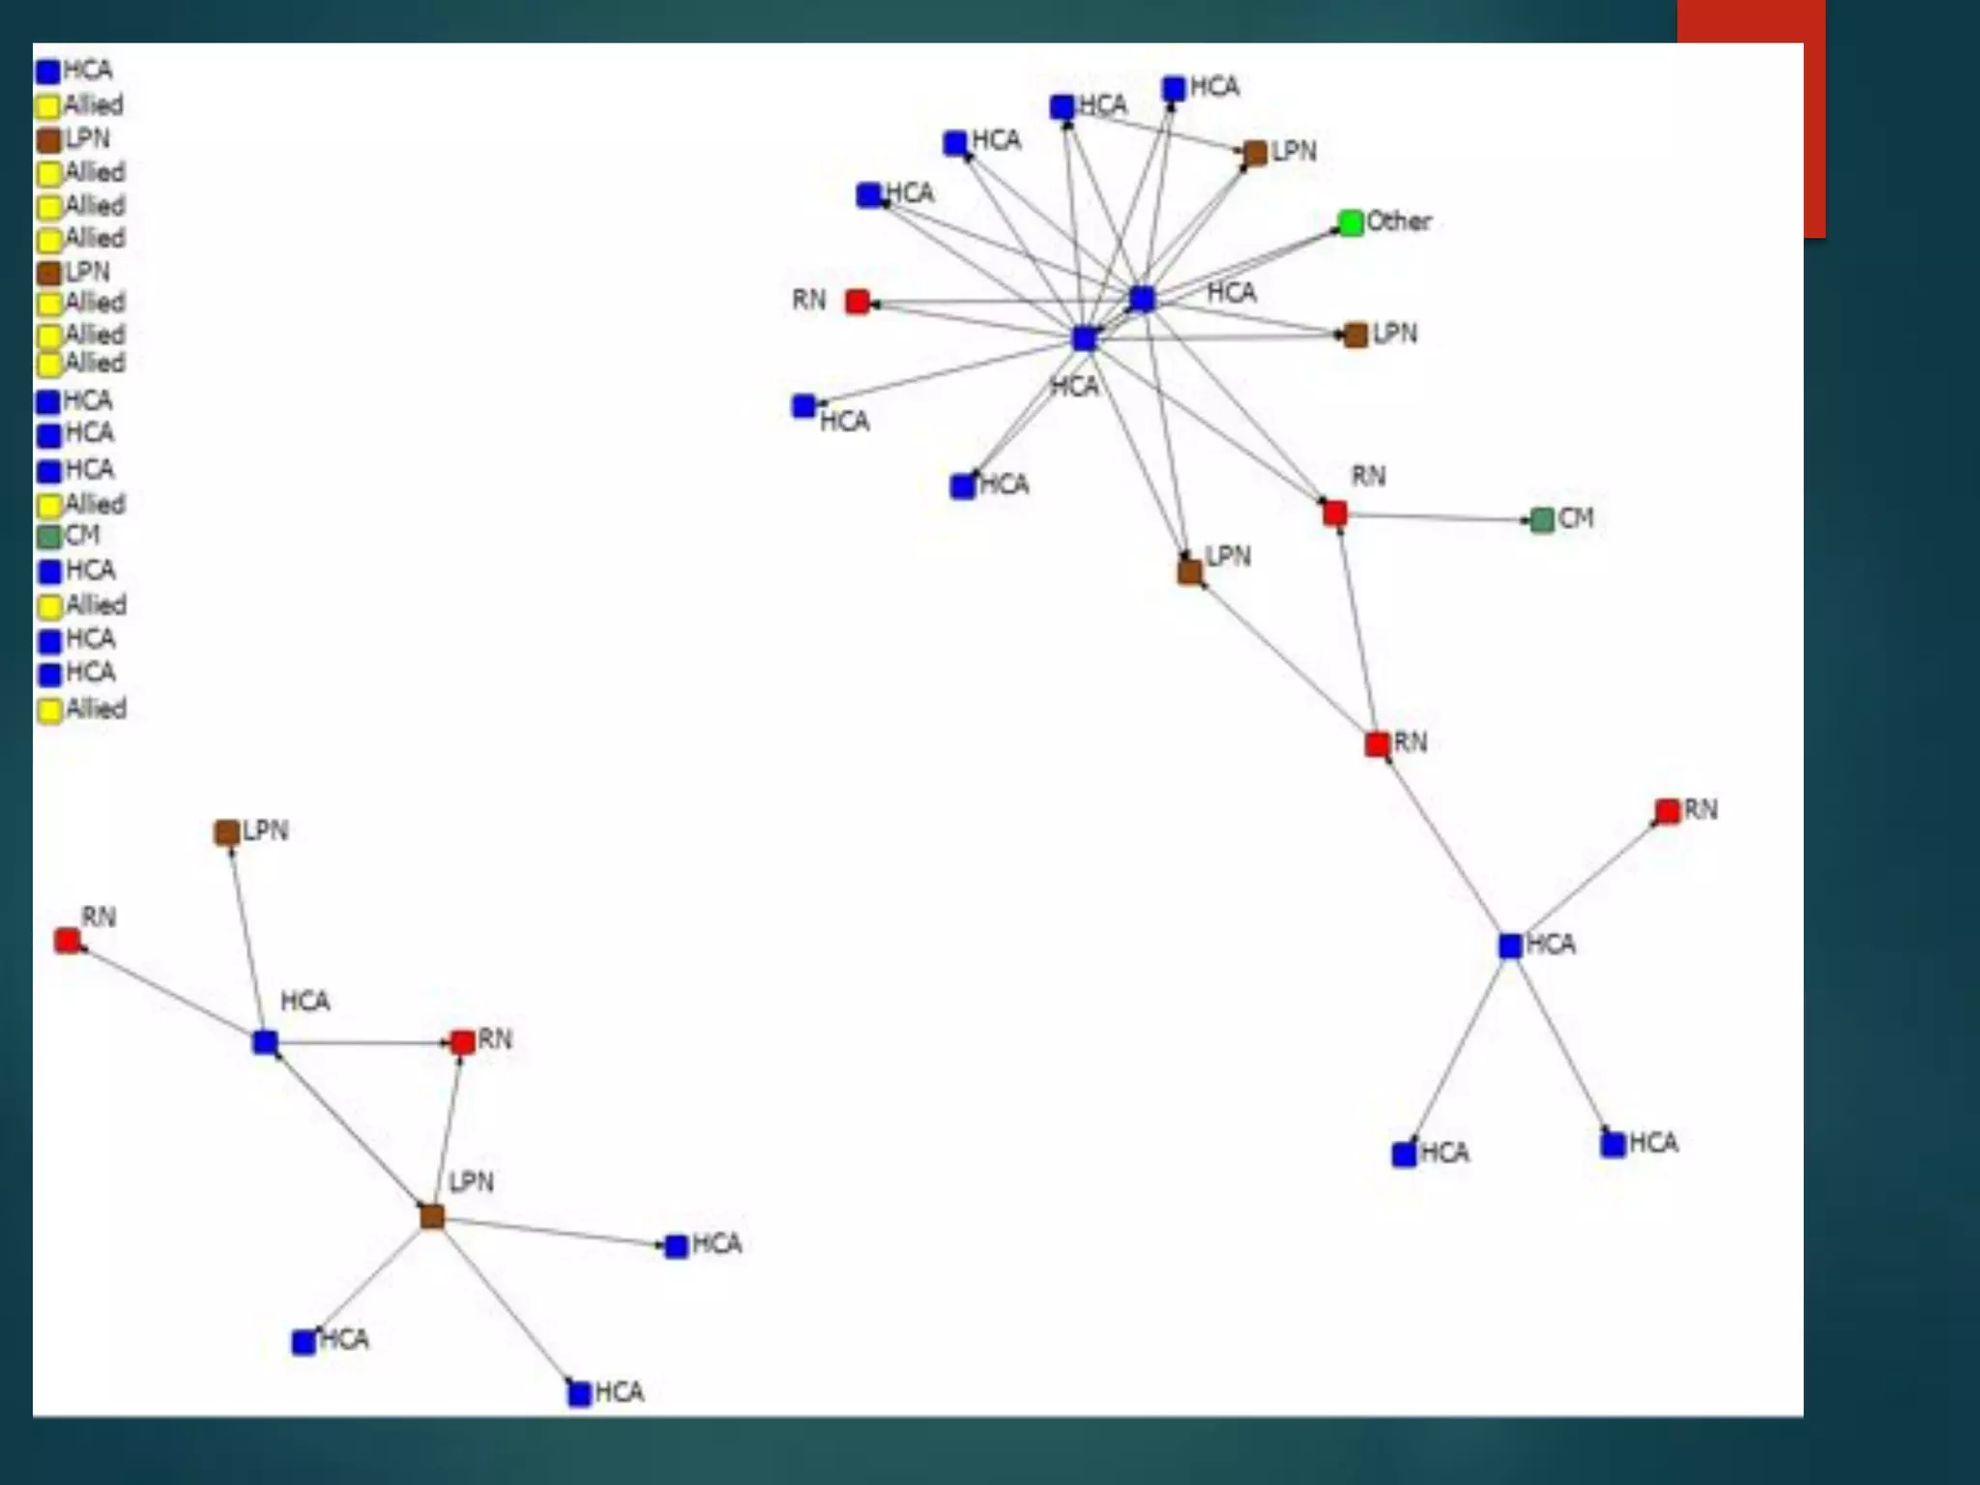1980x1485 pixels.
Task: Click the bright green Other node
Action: coord(1351,223)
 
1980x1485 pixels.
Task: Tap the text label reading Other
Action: coord(1398,221)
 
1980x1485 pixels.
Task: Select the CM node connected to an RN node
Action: coord(1542,520)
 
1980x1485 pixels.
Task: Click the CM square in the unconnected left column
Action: coord(48,537)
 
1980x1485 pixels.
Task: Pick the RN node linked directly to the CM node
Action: coord(1335,512)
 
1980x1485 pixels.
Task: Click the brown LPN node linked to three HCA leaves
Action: coord(432,1216)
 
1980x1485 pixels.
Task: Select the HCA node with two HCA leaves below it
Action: coord(1510,946)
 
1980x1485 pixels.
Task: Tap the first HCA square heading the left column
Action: coord(47,72)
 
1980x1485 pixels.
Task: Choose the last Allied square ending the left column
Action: coord(49,711)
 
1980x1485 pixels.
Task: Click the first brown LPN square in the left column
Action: coord(48,140)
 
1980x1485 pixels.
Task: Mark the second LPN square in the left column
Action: coord(48,274)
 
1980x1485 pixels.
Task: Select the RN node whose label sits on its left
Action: coord(857,302)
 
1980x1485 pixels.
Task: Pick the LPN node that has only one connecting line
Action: coord(226,832)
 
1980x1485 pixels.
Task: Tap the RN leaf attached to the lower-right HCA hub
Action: coord(1667,811)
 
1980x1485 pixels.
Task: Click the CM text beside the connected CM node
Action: coord(1576,518)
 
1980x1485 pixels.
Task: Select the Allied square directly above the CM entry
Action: coord(49,505)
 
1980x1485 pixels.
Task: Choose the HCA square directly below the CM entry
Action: coord(49,571)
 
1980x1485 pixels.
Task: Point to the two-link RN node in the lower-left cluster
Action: coord(462,1042)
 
